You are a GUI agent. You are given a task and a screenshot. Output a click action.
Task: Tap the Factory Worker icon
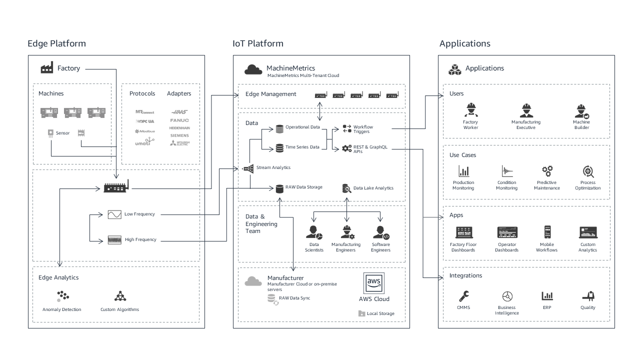(470, 110)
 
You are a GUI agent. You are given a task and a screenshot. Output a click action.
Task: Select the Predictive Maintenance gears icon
(547, 171)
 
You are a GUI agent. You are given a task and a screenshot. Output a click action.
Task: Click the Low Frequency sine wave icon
(114, 214)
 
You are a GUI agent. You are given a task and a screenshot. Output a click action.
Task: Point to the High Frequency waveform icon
(114, 240)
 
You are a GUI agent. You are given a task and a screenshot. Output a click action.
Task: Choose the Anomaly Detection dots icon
(62, 296)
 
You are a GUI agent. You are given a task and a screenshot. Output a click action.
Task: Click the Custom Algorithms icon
(120, 296)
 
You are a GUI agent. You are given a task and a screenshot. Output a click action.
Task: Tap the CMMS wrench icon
(463, 295)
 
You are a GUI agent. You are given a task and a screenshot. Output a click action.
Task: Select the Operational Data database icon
(279, 128)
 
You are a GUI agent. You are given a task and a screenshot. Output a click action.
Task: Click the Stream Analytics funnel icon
(248, 168)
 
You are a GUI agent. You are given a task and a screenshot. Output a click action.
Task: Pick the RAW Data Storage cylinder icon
(279, 188)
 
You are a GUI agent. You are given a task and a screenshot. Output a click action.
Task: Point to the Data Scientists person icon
(314, 232)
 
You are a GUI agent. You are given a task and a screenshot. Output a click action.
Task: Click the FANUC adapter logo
(179, 120)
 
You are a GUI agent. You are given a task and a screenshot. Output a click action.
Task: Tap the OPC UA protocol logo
(145, 121)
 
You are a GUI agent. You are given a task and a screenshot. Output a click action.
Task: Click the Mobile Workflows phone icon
(547, 232)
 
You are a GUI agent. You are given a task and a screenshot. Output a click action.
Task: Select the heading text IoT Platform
(258, 43)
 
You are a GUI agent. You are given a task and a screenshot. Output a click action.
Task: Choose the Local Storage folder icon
(361, 313)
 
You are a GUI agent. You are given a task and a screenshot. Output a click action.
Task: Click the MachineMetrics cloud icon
(253, 69)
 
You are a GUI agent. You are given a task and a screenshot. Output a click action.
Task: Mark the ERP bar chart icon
(547, 295)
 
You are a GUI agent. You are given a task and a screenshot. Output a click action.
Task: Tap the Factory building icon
(47, 68)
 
